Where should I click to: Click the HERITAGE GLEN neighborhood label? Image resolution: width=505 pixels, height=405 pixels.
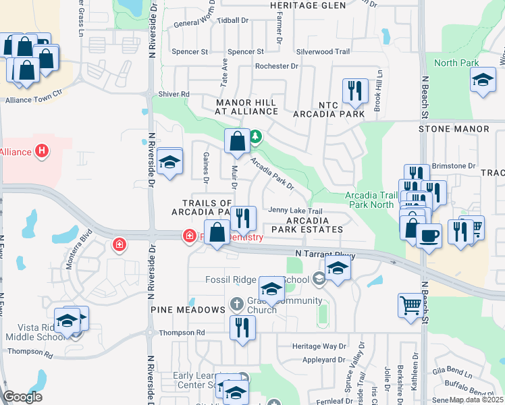(307, 5)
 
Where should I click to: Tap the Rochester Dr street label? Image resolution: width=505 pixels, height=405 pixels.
(276, 66)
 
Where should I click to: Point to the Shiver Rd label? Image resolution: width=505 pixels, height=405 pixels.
(174, 94)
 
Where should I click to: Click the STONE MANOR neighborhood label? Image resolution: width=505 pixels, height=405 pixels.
(453, 128)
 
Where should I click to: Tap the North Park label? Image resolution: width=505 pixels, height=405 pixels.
(456, 63)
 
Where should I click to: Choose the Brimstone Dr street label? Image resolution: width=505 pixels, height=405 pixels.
(454, 165)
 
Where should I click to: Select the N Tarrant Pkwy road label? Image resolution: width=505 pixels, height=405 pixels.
(325, 254)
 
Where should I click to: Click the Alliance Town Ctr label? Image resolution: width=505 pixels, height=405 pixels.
(34, 100)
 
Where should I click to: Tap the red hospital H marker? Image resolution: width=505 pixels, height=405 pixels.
(43, 151)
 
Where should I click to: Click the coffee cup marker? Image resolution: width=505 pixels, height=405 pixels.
(429, 236)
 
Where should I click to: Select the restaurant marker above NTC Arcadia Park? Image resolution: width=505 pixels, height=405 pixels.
(354, 90)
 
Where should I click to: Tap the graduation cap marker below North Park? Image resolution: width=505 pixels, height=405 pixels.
(483, 80)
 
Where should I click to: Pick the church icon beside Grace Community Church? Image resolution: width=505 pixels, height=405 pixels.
(237, 304)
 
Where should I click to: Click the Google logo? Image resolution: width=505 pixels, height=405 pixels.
(23, 397)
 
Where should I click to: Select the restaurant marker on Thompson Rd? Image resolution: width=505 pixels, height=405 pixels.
(242, 328)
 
